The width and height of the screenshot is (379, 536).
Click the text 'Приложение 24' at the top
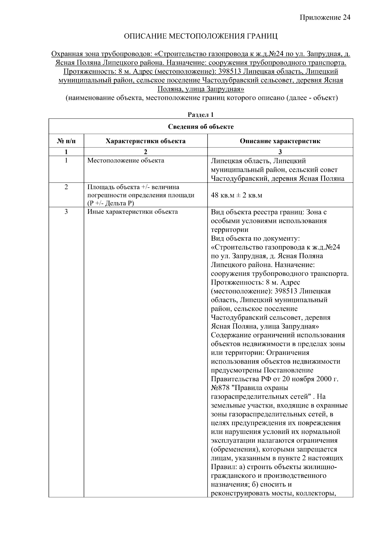[x=325, y=17]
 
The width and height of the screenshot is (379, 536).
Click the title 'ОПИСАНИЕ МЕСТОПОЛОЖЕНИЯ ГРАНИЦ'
[x=201, y=36]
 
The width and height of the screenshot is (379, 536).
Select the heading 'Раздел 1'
[x=201, y=115]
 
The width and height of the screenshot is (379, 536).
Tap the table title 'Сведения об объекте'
[x=201, y=127]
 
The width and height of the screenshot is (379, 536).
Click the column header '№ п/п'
[x=66, y=141]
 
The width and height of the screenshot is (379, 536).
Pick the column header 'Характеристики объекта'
[x=146, y=141]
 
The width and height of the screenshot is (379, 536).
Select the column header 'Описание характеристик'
[x=280, y=141]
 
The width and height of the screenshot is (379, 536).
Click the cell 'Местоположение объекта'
[x=126, y=160]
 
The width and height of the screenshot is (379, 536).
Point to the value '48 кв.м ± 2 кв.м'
[x=237, y=195]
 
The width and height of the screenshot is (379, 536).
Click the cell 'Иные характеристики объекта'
[x=132, y=212]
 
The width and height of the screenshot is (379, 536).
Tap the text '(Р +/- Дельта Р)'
[x=111, y=203]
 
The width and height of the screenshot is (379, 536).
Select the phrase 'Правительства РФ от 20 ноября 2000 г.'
[x=274, y=379]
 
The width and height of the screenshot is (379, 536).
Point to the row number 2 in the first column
[x=66, y=187]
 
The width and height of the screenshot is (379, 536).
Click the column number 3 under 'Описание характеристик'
[x=280, y=152]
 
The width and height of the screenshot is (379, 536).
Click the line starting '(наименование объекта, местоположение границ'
[x=202, y=98]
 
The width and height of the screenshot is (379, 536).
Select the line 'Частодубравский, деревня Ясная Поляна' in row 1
[x=277, y=178]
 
